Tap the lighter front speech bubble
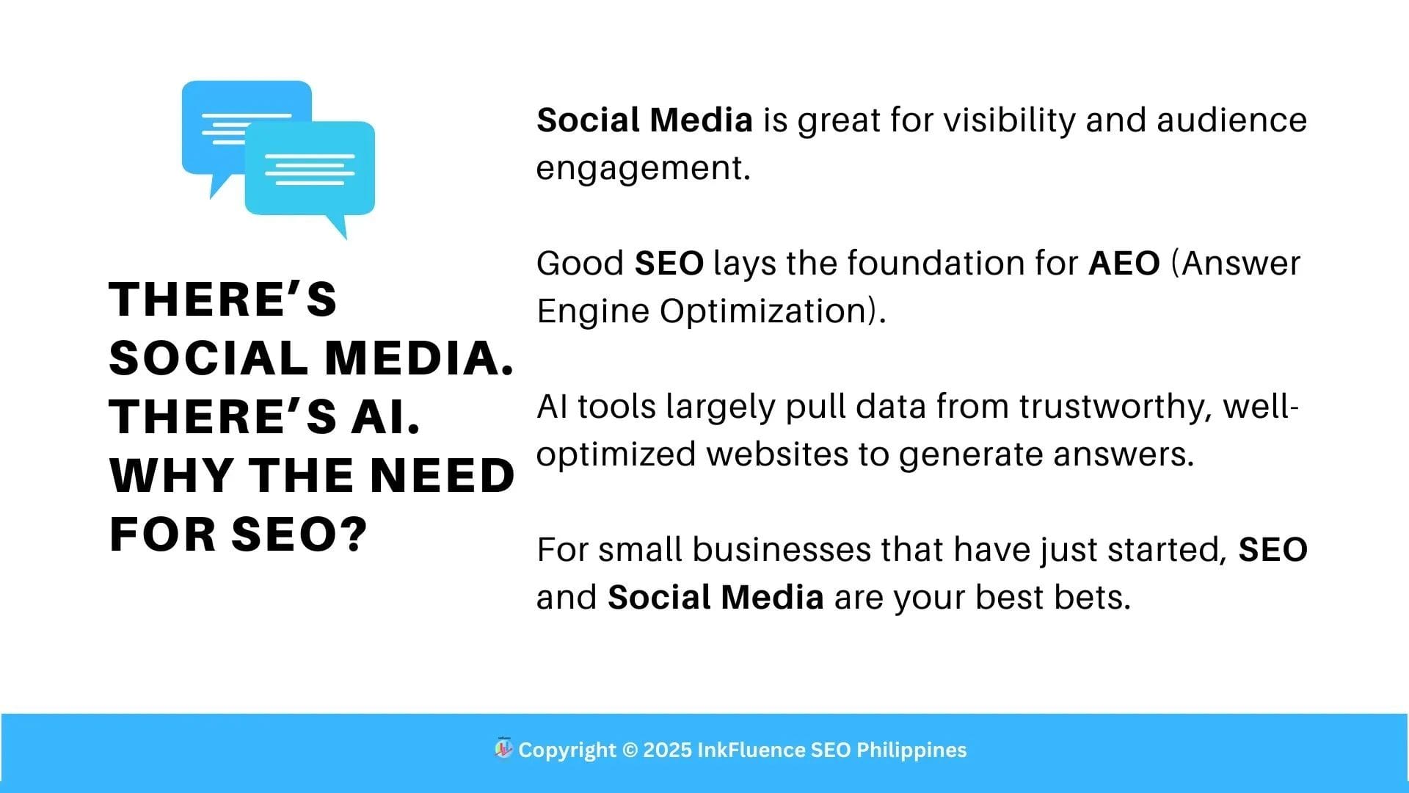tap(310, 169)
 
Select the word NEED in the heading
tap(443, 475)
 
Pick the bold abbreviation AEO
tap(1124, 263)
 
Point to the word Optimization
tap(763, 311)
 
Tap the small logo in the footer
tap(503, 748)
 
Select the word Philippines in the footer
tap(911, 750)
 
